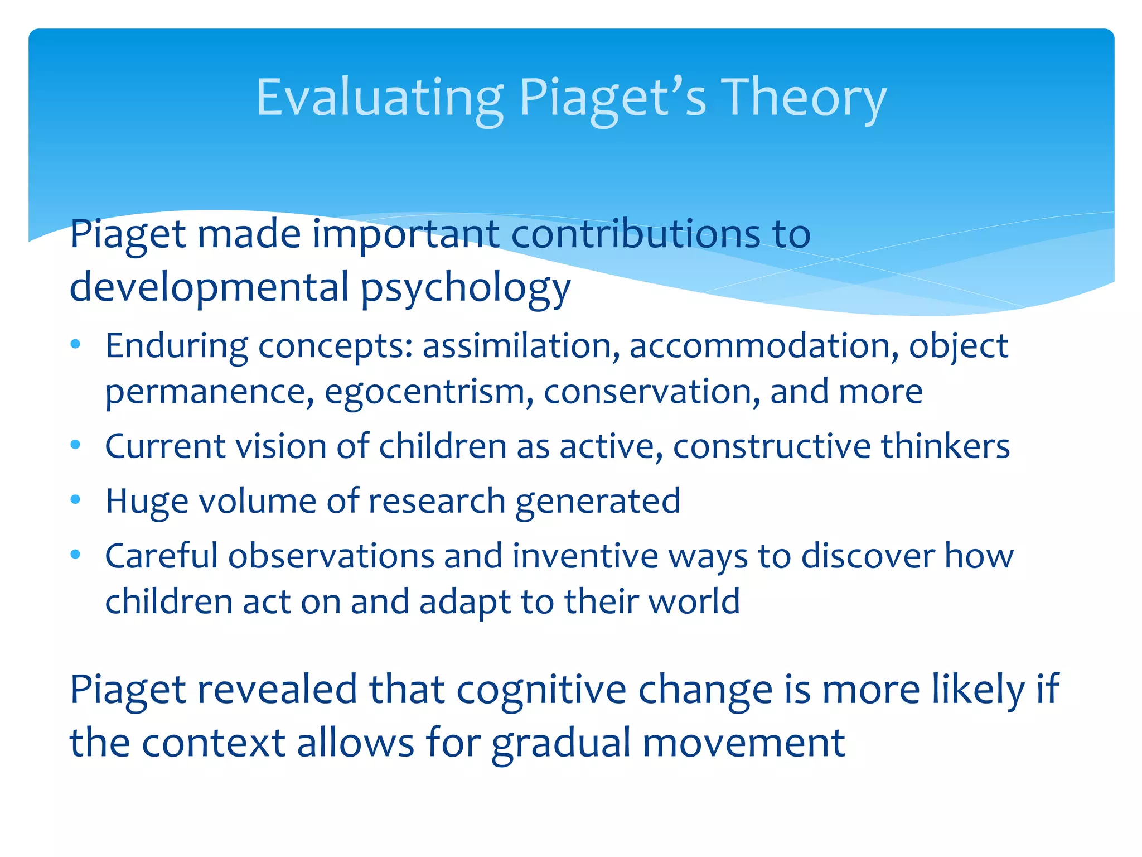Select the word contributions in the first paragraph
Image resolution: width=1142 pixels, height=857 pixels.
click(635, 234)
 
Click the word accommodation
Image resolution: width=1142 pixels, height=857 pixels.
click(763, 346)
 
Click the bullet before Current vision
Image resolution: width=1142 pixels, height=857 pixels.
click(76, 445)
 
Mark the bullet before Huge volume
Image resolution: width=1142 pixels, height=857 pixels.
click(76, 499)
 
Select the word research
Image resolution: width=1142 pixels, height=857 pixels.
click(437, 501)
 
